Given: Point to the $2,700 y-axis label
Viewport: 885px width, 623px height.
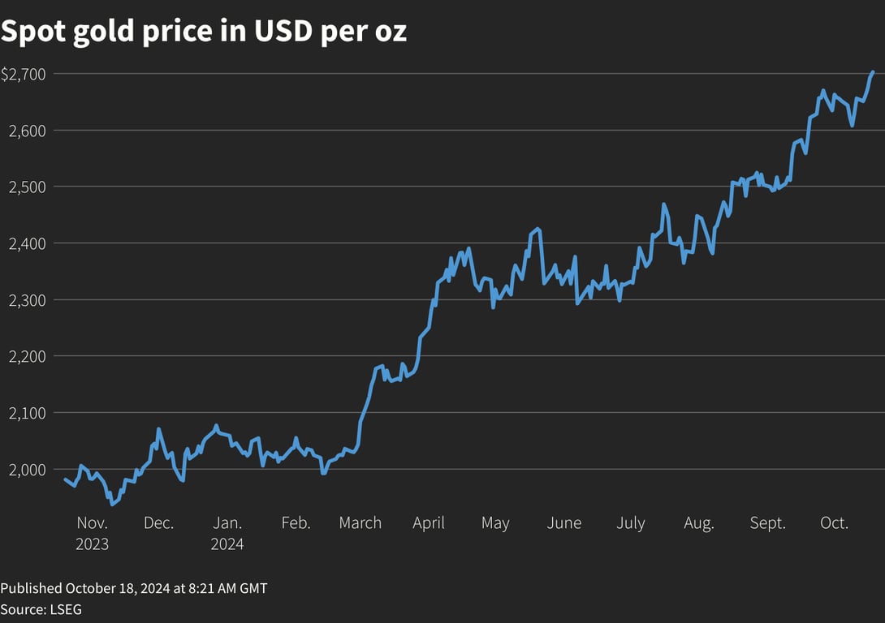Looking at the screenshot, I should [24, 74].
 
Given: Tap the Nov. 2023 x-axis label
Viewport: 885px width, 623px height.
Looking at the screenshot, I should [92, 533].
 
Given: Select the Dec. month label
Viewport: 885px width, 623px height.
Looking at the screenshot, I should [158, 523].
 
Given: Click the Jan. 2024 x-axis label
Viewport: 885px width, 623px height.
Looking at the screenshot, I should [227, 533].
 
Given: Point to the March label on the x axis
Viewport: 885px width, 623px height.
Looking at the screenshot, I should [360, 523].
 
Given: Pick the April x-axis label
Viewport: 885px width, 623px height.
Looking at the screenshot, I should [429, 523].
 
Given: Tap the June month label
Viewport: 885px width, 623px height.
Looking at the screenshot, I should [563, 523].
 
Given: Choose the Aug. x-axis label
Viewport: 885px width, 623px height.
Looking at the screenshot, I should [698, 523].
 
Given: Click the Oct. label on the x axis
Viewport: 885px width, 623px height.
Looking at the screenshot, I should [834, 523].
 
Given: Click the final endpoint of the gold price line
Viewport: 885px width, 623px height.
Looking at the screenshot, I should [873, 72].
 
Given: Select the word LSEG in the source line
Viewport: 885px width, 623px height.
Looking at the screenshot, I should [65, 608].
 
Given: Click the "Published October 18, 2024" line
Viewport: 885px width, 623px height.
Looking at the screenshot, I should [133, 588].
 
